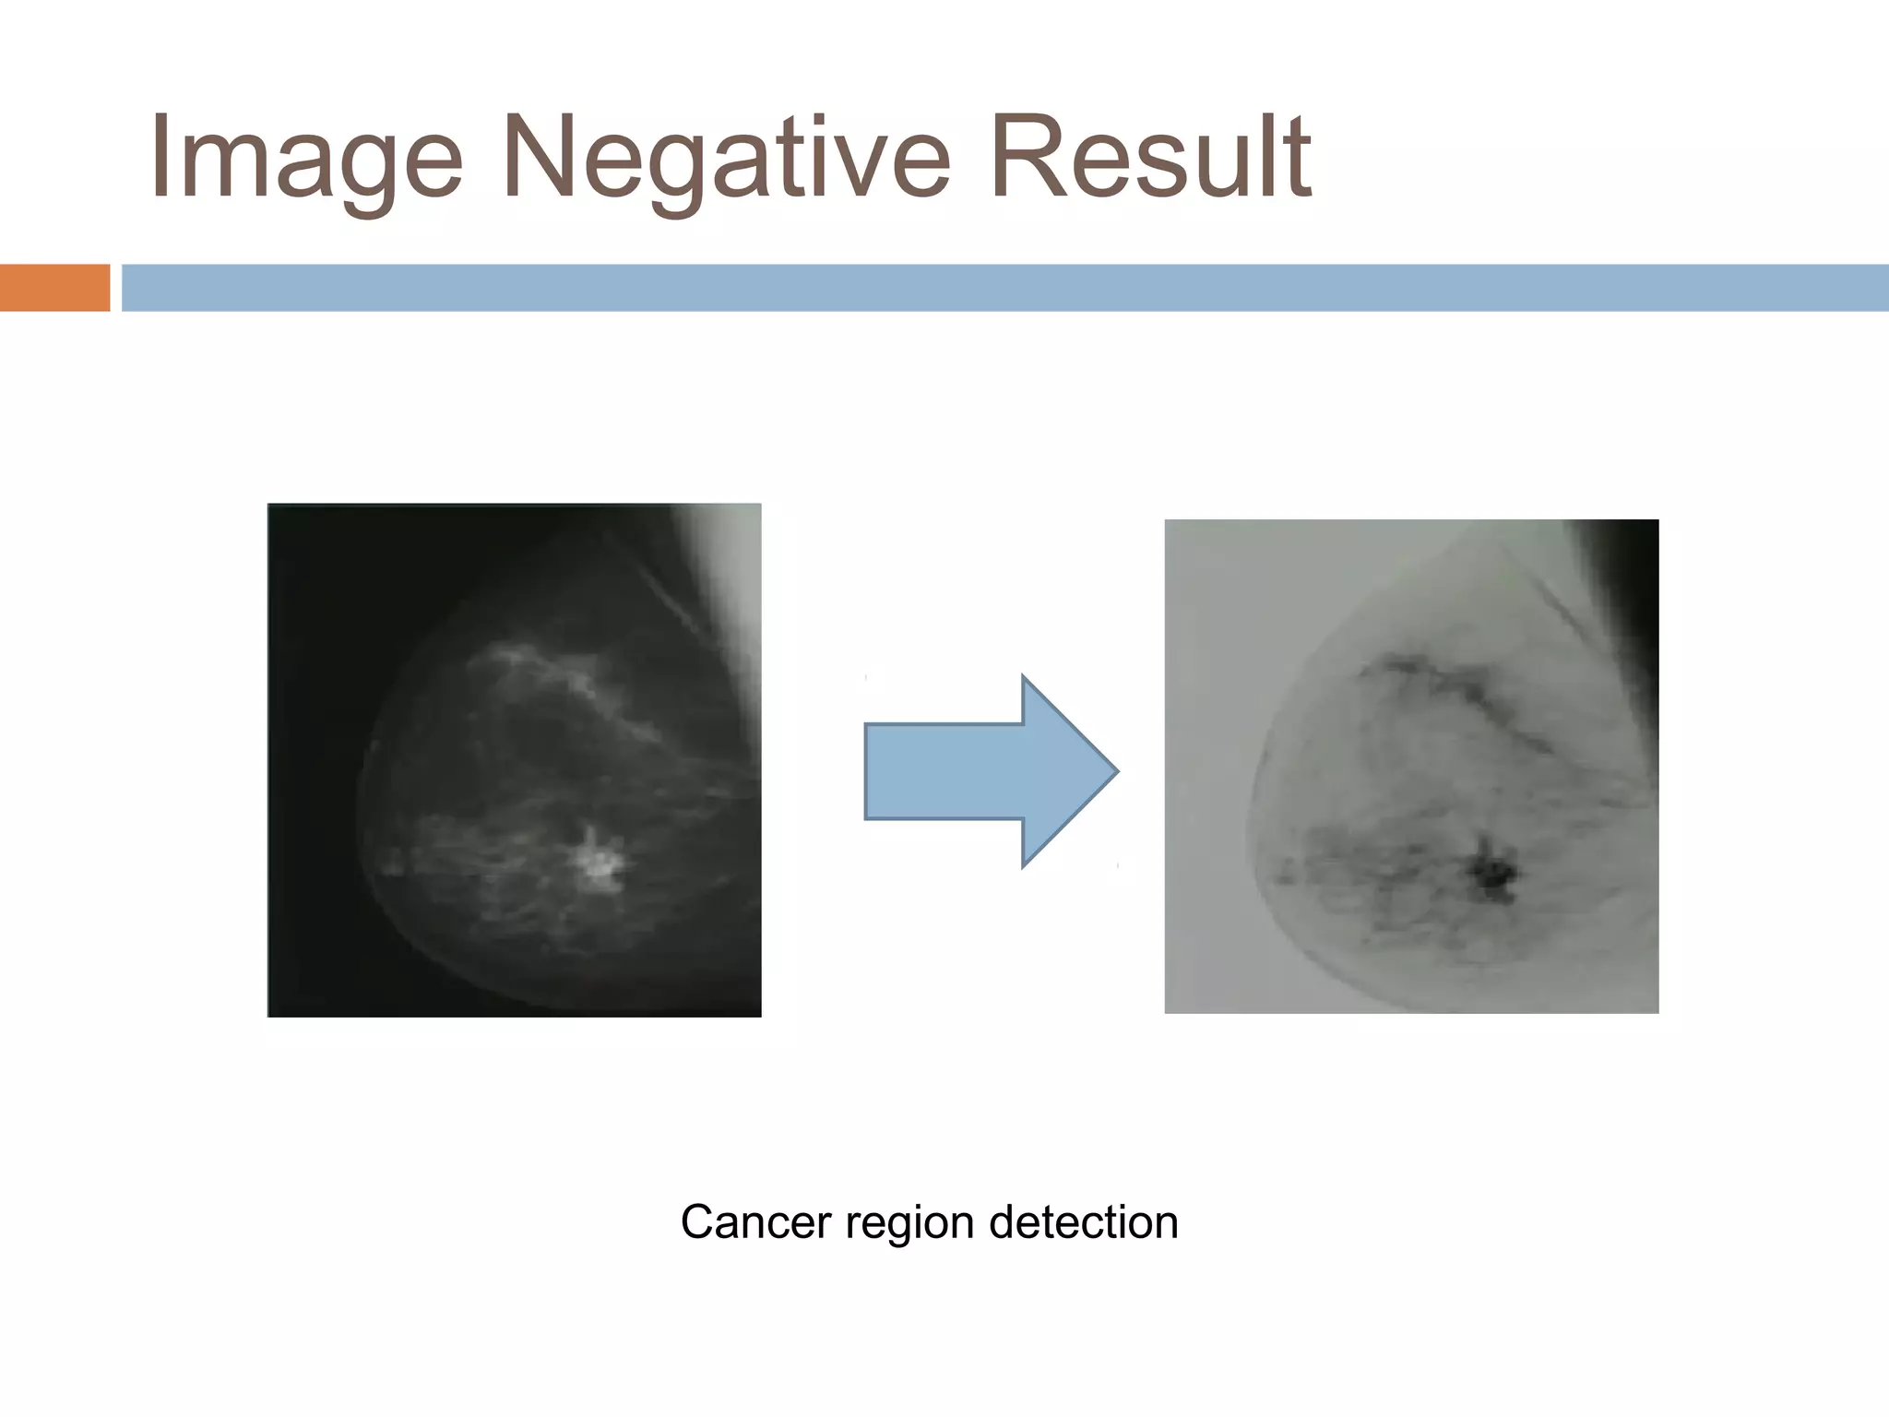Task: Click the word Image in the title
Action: (x=304, y=157)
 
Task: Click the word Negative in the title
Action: (x=725, y=157)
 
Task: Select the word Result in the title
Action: (x=1149, y=157)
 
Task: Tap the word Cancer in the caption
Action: (x=756, y=1222)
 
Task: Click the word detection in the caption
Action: (x=1083, y=1222)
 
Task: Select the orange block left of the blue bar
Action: (x=54, y=288)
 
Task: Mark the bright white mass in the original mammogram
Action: (x=600, y=863)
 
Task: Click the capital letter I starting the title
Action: (x=161, y=157)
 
